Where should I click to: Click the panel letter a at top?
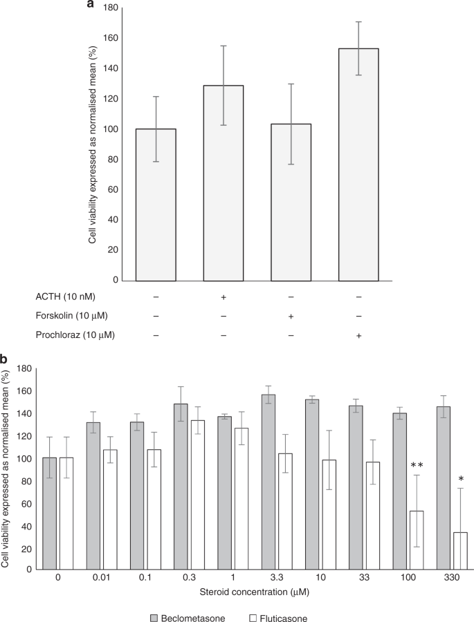(90, 5)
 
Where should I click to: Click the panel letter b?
(4, 359)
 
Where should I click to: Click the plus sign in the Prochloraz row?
(358, 334)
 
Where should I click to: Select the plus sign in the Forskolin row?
(291, 315)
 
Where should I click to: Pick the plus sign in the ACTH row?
(223, 296)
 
